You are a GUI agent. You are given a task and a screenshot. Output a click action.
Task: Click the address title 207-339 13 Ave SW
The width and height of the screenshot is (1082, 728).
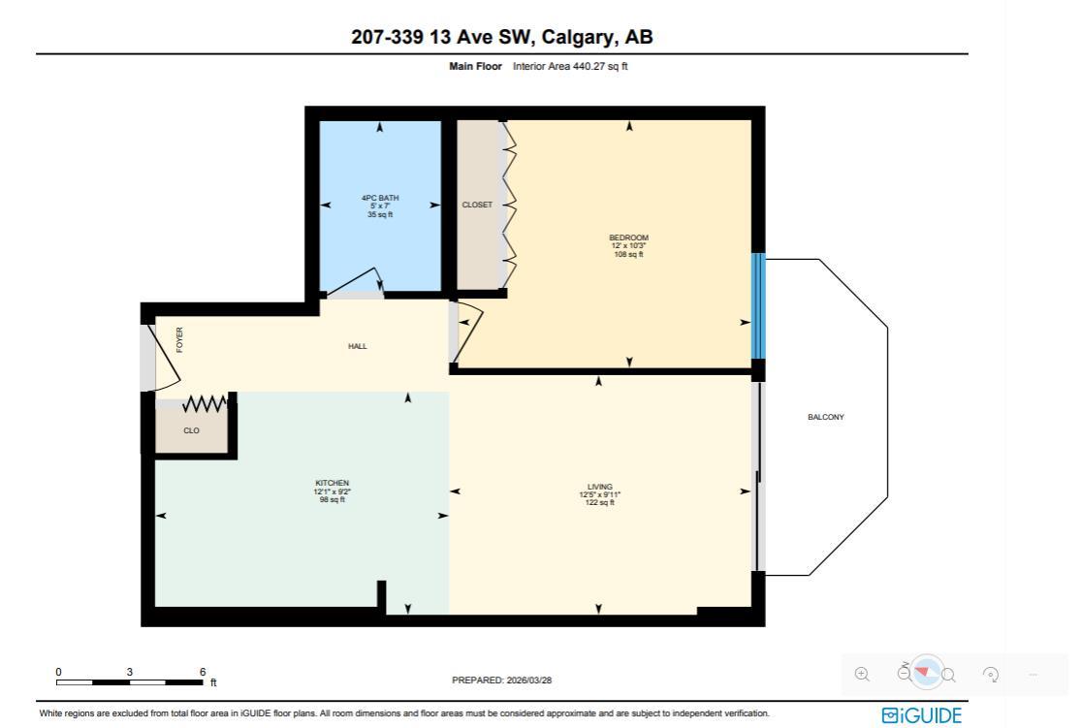pos(501,38)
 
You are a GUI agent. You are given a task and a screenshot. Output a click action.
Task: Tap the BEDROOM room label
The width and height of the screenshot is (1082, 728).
pos(628,237)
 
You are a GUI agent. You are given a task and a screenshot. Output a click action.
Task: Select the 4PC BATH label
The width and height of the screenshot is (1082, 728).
pos(379,198)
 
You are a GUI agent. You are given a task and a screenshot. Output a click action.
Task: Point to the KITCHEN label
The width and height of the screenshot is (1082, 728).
pos(332,483)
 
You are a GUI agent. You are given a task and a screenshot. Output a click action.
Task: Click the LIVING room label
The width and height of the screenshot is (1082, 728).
pos(599,487)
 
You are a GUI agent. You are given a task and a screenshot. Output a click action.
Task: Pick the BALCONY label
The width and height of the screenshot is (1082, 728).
pos(825,417)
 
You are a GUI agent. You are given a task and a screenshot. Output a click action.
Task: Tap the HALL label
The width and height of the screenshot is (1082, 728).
pos(358,346)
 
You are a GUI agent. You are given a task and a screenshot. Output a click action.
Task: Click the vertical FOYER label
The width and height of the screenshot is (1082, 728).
pos(179,339)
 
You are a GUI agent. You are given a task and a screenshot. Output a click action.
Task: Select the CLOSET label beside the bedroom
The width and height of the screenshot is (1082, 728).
pos(477,205)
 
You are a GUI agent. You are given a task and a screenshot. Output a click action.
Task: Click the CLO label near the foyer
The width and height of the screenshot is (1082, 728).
pos(191,430)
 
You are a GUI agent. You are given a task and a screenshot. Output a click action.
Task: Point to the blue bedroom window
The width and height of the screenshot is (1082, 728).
pos(758,305)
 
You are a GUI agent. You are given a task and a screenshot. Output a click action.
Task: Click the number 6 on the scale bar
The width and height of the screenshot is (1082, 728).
pos(203,672)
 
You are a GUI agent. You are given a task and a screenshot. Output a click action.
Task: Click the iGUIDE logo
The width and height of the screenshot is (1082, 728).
pos(921,715)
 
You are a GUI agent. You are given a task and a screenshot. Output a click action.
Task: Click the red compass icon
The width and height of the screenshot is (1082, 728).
pos(927,672)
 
